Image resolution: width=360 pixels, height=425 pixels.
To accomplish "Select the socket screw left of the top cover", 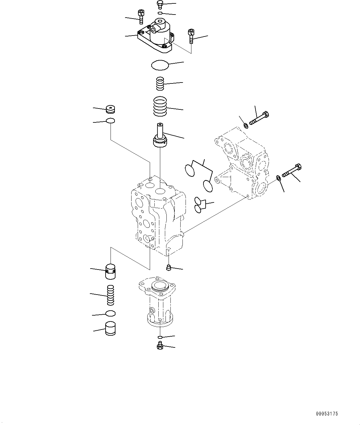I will [140, 16].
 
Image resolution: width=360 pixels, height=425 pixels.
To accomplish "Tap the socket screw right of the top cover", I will [191, 36].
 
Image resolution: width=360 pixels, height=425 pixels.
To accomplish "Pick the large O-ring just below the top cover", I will [160, 65].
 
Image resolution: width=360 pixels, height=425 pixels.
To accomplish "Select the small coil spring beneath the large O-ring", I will [160, 83].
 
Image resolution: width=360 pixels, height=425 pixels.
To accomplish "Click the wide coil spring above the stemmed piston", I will [160, 107].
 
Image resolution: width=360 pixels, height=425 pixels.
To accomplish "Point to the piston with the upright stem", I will [160, 136].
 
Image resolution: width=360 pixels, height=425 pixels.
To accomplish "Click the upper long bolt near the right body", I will [259, 118].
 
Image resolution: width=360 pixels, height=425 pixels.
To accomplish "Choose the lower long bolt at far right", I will [291, 171].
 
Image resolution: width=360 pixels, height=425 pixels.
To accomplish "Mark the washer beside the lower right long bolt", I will [278, 177].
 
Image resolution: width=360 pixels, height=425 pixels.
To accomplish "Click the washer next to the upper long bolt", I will [246, 125].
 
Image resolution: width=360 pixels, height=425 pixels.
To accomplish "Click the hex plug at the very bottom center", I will [160, 346].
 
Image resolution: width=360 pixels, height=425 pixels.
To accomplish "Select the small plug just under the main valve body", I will [168, 268].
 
